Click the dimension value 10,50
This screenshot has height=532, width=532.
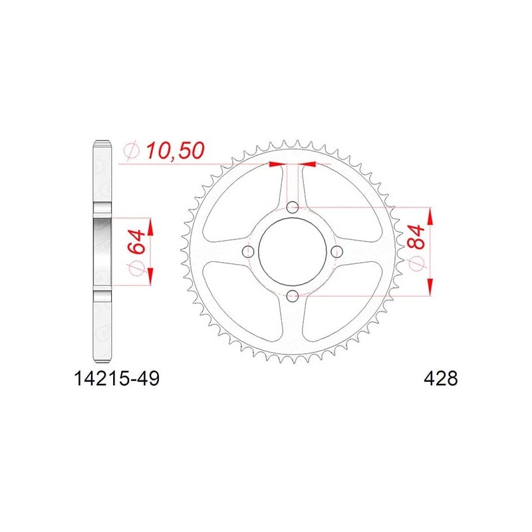(175, 151)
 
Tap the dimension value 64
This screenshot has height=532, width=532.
(136, 241)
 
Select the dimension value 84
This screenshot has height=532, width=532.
(416, 237)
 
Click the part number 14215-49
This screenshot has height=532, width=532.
(116, 378)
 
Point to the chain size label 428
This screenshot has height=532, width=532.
(440, 378)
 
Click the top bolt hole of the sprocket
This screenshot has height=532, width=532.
(293, 207)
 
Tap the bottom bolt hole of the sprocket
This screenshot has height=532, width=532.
(293, 296)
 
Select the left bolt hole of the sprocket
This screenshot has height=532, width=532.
(248, 251)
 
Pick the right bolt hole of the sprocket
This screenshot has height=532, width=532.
(336, 251)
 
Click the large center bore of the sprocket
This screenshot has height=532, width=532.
(293, 251)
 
